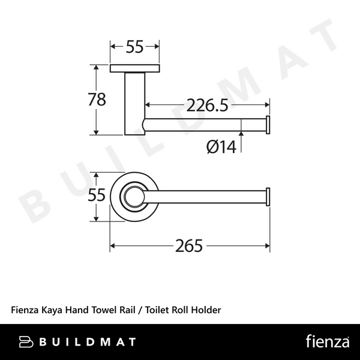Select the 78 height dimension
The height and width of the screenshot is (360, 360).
pos(97,100)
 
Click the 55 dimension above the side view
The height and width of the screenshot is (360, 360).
pos(135,47)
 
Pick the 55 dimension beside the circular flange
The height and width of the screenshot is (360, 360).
pos(97,196)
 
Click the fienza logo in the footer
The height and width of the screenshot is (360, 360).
pos(328,342)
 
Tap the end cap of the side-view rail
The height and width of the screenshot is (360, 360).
pos(269,124)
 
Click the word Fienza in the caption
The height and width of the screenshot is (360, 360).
pos(25,310)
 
